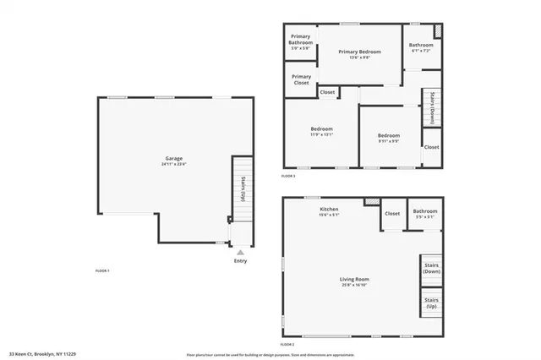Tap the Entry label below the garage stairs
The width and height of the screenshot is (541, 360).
click(241, 260)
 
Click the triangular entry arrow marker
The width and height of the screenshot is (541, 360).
click(241, 252)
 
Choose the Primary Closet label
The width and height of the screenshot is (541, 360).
click(301, 79)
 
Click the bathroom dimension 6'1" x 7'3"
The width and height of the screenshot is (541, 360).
click(420, 52)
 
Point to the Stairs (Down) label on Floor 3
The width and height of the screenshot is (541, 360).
click(432, 101)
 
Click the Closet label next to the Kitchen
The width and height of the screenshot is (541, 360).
click(392, 213)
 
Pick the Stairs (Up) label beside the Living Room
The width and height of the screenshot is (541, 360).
click(431, 302)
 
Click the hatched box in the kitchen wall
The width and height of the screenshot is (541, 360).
click(371, 202)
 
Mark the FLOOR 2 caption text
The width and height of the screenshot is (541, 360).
click(288, 345)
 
